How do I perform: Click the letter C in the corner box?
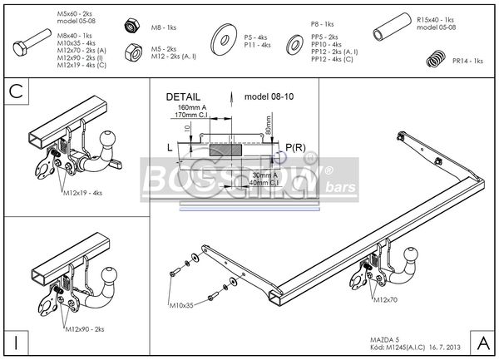click(x=15, y=91)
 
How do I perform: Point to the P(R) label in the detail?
click(x=293, y=147)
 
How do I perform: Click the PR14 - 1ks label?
click(x=468, y=61)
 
